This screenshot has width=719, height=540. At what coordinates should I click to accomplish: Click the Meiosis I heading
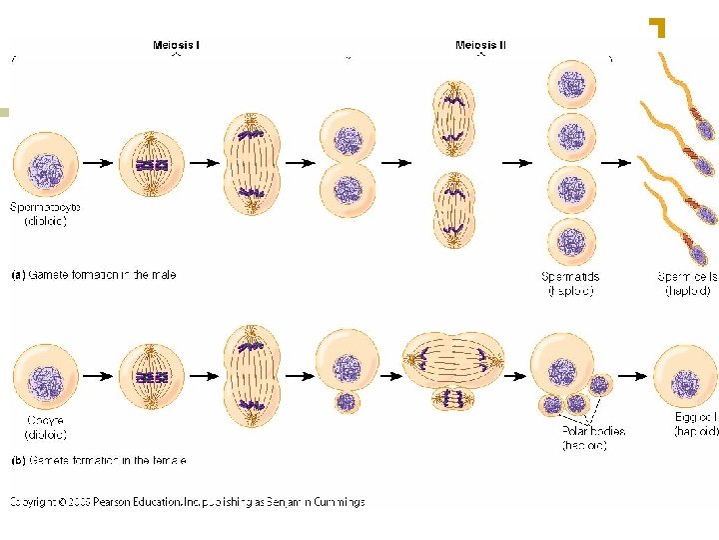coord(176,45)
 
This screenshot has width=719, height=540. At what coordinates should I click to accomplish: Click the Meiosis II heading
coord(480,45)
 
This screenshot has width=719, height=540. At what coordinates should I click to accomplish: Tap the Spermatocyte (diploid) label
coord(45,214)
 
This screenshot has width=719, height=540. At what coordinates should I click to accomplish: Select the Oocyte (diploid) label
coord(45,428)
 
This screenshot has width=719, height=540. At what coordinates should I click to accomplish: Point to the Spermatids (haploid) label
coord(571,284)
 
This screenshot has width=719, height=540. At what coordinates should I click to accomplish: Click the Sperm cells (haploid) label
coord(688,284)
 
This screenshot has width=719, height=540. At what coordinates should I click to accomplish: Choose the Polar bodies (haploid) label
coord(594,438)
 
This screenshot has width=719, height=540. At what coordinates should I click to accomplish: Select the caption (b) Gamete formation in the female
coord(98,461)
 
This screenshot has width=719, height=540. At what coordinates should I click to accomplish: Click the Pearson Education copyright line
coord(187,502)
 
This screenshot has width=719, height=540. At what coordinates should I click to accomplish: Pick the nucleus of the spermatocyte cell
coord(45,170)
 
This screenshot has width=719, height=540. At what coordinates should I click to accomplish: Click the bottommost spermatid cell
coord(570,243)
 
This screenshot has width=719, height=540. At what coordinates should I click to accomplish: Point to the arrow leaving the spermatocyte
coord(97,162)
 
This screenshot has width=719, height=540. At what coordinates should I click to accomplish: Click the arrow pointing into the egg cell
coord(631,376)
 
